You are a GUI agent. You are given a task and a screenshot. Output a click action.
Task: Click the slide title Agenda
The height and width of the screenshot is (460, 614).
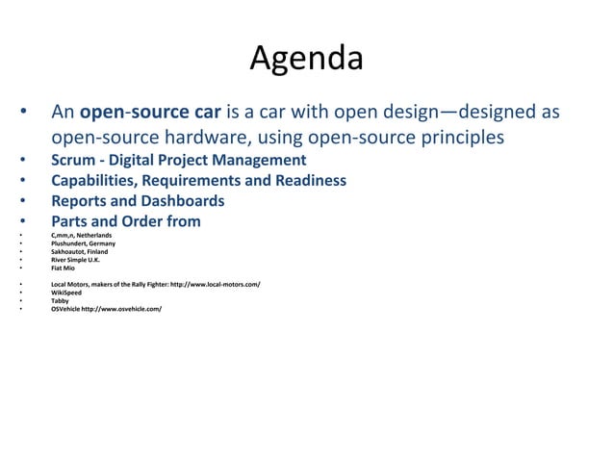(306, 60)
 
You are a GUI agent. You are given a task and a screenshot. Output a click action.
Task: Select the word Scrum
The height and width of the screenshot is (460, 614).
(73, 160)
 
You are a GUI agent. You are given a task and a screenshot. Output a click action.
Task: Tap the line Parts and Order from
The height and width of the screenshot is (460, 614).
(125, 222)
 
